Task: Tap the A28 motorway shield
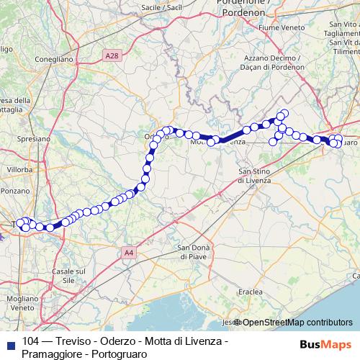(x=112, y=55)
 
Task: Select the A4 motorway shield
(x=128, y=252)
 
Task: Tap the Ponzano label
(x=17, y=191)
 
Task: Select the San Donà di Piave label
(x=194, y=252)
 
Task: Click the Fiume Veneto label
(x=287, y=48)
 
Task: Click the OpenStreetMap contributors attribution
(x=297, y=323)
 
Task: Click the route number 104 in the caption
(x=31, y=341)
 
